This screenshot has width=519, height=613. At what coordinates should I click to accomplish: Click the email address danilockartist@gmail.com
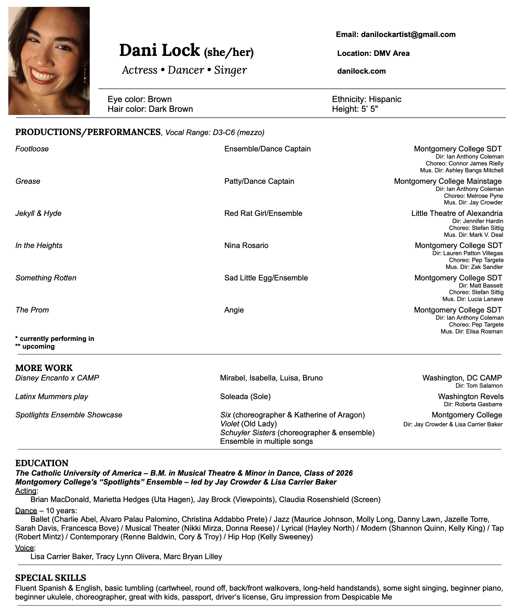point(408,35)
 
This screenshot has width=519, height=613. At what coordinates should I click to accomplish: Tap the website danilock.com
point(361,71)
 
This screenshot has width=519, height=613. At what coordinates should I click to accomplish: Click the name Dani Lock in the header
point(159,50)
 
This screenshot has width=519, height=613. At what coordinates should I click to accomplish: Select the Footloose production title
point(32,149)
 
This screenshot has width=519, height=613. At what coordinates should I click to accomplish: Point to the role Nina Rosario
point(246,245)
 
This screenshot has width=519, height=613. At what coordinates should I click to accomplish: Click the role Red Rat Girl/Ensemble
point(263,213)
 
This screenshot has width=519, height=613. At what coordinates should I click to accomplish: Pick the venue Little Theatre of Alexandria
point(456,213)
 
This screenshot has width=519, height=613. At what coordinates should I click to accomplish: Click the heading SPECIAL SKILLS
point(50,578)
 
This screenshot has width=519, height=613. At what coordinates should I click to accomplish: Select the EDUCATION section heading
point(42,463)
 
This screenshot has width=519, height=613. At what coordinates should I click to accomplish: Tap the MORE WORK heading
point(44,368)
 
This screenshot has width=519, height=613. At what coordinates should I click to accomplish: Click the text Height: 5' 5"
point(355,109)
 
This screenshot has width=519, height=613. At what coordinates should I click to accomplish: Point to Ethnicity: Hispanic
point(366,99)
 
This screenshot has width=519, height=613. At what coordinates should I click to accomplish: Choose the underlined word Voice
point(24,548)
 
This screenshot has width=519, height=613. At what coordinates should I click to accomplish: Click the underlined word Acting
point(26,491)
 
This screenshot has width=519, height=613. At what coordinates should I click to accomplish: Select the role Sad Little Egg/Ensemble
point(266,278)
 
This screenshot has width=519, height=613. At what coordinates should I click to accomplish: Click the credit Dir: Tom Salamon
point(479,386)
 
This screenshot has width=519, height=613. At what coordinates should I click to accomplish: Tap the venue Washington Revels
point(471,397)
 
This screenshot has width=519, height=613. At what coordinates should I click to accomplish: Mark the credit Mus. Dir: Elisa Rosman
point(471,331)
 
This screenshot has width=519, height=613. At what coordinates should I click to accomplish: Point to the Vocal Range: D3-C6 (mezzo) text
point(215,133)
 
